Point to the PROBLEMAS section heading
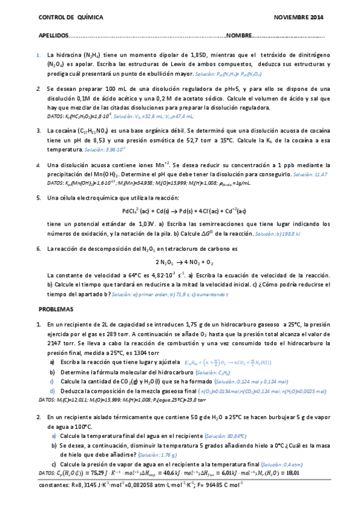point(55,309)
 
